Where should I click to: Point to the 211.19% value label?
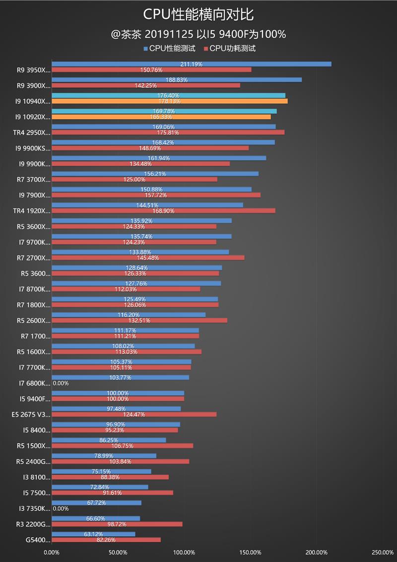(192, 64)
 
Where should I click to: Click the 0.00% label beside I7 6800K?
(61, 383)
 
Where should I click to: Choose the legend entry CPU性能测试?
(172, 48)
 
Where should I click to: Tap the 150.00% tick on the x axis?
(251, 552)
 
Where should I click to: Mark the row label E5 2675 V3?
(31, 414)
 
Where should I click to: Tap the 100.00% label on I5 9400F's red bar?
(118, 399)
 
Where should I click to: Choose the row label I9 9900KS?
(33, 148)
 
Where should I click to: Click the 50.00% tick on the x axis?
(118, 552)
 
